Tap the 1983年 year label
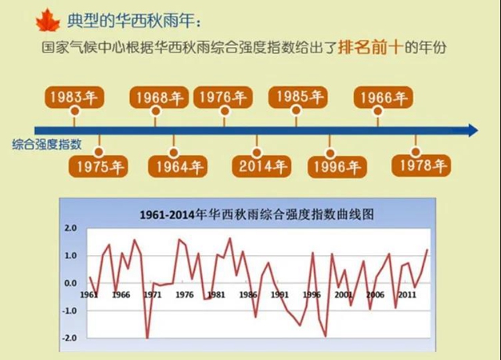pyautogui.click(x=74, y=98)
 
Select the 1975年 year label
pyautogui.click(x=99, y=166)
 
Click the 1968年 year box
pyautogui.click(x=157, y=99)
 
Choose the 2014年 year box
pyautogui.click(x=258, y=166)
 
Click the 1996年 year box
pyautogui.click(x=337, y=166)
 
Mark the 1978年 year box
pyautogui.click(x=420, y=166)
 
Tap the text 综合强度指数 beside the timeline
pyautogui.click(x=46, y=145)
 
